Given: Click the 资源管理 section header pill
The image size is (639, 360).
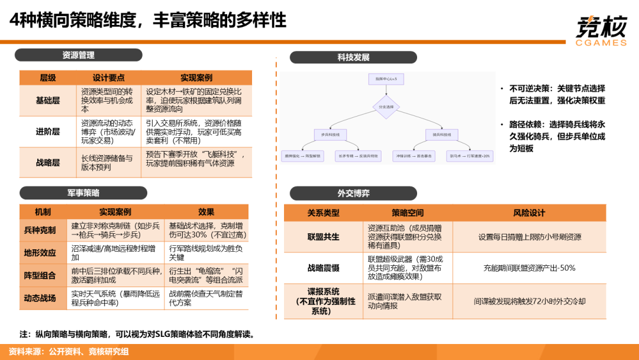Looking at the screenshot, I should [x=79, y=55].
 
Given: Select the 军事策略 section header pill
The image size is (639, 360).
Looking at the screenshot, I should [x=83, y=193].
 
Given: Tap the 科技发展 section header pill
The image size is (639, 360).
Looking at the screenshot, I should [x=353, y=57].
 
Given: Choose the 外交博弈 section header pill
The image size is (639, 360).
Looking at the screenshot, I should [x=353, y=193].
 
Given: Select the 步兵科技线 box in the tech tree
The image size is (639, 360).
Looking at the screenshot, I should [x=332, y=135].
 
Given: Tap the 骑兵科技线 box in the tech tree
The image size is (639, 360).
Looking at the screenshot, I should [x=442, y=135].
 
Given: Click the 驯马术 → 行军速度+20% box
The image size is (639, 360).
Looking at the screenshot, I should [x=470, y=156].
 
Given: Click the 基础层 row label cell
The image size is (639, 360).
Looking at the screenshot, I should [x=48, y=101].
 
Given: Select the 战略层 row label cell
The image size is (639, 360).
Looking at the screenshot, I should [x=48, y=162].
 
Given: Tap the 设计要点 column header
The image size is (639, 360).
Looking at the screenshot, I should [x=109, y=78].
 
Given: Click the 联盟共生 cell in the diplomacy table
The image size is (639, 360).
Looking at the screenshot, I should [x=323, y=236].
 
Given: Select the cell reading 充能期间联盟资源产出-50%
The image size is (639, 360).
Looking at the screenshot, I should [x=529, y=268].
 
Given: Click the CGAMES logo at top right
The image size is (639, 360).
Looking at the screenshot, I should [x=600, y=31].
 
